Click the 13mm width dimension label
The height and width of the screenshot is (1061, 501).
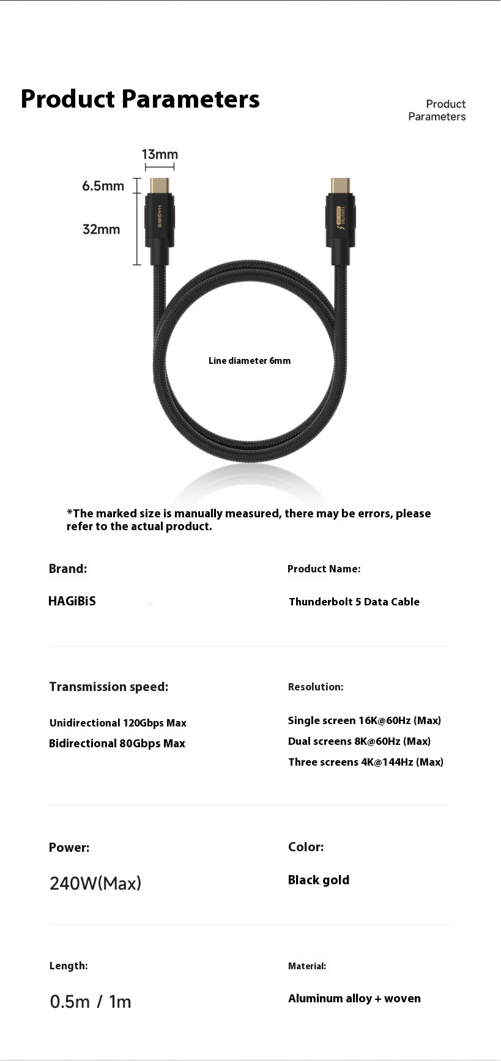coord(160,155)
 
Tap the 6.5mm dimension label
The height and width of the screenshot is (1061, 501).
coord(103,186)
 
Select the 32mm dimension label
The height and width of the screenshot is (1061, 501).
coord(101,229)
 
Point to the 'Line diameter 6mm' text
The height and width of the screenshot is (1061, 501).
coord(250,361)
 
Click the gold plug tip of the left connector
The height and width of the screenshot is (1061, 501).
coord(160,185)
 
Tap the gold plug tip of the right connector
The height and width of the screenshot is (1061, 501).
coord(340,185)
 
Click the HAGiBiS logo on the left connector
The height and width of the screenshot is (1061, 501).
coord(160,217)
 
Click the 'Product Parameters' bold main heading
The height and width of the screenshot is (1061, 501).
coord(140,99)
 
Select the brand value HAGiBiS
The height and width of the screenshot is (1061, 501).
coord(72,601)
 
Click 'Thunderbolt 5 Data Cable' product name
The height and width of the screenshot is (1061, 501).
coord(354,602)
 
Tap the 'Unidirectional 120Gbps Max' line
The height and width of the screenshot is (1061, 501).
coord(118,723)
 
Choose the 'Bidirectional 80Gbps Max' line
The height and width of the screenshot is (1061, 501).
coord(117,744)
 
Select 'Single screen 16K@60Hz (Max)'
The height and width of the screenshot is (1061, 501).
coord(364,720)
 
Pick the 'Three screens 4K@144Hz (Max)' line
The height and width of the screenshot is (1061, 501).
coord(365,762)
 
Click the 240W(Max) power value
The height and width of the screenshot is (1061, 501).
coord(95,883)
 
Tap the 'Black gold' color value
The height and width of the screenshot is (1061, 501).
coord(319,880)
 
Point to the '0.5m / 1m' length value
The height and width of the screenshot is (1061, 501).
coord(91,1002)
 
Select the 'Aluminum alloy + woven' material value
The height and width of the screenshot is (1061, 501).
coord(354,999)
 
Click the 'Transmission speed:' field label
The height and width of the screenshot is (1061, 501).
coord(109,687)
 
